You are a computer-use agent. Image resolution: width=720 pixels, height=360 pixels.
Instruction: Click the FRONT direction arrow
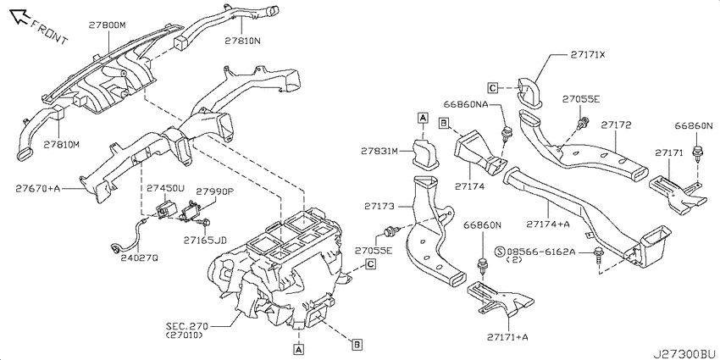[x=19, y=17]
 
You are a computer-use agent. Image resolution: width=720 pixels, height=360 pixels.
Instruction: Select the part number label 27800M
[x=107, y=25]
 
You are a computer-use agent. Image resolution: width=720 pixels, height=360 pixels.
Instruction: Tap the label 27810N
[x=243, y=41]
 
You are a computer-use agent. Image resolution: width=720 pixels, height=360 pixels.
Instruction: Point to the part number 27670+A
[x=38, y=188]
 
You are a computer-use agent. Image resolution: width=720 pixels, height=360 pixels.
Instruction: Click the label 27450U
[x=165, y=188]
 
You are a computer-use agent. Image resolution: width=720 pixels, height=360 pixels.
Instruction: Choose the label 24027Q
[x=139, y=258]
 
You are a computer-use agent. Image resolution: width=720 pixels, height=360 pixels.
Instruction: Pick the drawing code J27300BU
[x=684, y=353]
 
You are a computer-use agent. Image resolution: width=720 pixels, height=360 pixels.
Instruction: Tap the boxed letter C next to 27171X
[x=493, y=87]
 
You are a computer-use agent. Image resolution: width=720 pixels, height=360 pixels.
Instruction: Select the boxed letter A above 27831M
[x=423, y=118]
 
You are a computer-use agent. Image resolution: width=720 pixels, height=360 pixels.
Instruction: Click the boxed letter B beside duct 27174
[x=443, y=123]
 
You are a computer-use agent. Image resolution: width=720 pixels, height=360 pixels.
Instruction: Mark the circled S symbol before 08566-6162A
[x=500, y=252]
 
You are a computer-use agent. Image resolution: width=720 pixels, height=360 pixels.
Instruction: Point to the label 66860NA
[x=467, y=104]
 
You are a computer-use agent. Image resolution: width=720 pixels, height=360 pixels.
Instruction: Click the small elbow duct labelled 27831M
[x=424, y=152]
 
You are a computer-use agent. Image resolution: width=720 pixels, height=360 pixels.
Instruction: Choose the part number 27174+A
[x=548, y=224]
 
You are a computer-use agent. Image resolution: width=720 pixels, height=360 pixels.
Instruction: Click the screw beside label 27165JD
[x=203, y=223]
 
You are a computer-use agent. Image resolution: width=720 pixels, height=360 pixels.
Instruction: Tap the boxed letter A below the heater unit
[x=299, y=350]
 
